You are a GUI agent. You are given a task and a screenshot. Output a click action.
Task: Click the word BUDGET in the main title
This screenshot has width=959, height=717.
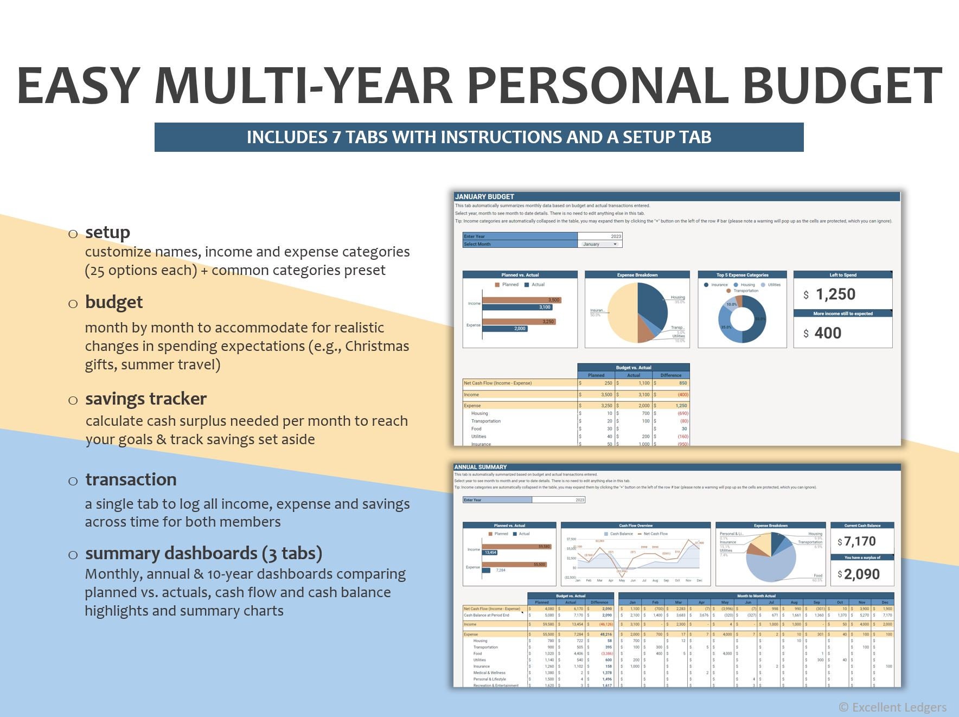(x=841, y=86)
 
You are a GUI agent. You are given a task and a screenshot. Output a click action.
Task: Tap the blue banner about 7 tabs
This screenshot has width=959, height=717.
(x=478, y=137)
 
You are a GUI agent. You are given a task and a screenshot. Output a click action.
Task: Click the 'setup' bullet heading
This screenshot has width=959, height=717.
(x=107, y=232)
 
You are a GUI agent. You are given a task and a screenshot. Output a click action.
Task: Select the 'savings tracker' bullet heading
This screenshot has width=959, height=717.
(x=145, y=399)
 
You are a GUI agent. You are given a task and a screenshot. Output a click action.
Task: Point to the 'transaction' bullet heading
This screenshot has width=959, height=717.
(x=131, y=479)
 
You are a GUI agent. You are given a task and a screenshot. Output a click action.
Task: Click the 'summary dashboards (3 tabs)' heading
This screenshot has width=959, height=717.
(x=203, y=553)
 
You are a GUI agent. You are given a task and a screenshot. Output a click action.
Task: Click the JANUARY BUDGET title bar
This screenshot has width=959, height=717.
(x=676, y=196)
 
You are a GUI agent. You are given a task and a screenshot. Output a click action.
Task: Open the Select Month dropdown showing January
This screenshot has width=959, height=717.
(x=599, y=244)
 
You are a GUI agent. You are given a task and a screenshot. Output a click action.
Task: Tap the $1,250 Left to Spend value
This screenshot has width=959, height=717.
(x=835, y=295)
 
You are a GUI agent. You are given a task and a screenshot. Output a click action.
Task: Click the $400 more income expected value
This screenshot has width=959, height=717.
(x=828, y=333)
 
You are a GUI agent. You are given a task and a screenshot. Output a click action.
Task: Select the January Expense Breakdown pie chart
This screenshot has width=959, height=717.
(x=637, y=313)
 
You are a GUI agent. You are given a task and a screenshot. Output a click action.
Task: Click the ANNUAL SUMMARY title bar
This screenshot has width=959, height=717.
(x=676, y=467)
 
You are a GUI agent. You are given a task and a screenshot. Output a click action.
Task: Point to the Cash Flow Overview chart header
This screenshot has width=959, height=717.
(x=635, y=525)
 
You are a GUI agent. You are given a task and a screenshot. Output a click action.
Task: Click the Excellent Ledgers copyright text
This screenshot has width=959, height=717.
(x=892, y=707)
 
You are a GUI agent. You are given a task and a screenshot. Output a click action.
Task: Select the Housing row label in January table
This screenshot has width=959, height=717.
(x=479, y=413)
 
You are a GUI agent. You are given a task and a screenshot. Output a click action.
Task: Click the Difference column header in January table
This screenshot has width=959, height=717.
(x=670, y=375)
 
